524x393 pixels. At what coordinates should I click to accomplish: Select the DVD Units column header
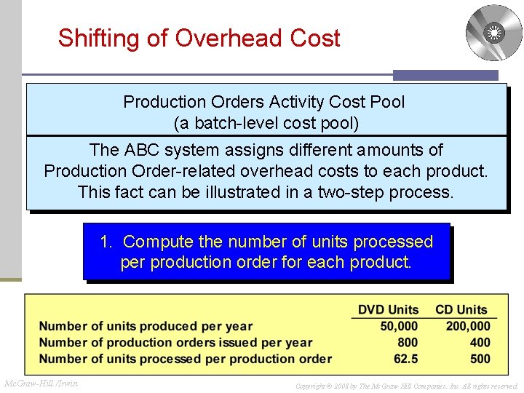pos(388,310)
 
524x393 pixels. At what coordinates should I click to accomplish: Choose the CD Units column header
pos(461,310)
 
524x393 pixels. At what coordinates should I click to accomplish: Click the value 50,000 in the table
pos(399,326)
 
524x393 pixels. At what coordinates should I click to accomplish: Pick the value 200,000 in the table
pos(468,326)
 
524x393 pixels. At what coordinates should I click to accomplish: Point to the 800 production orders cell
pos(408,342)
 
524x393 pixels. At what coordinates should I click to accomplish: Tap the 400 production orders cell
pos(480,342)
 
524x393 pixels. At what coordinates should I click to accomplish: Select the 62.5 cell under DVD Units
pos(405,358)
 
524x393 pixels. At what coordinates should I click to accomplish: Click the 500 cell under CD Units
pos(480,358)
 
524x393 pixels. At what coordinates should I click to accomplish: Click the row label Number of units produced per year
pos(146,326)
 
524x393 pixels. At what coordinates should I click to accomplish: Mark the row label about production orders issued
pos(175,342)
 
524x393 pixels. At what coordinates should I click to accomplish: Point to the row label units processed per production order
pos(185,358)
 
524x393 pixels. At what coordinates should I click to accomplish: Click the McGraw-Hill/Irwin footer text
pos(41,384)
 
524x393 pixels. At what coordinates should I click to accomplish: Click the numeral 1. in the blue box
pos(107,242)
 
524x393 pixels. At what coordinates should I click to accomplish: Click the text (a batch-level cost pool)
pos(266,123)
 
